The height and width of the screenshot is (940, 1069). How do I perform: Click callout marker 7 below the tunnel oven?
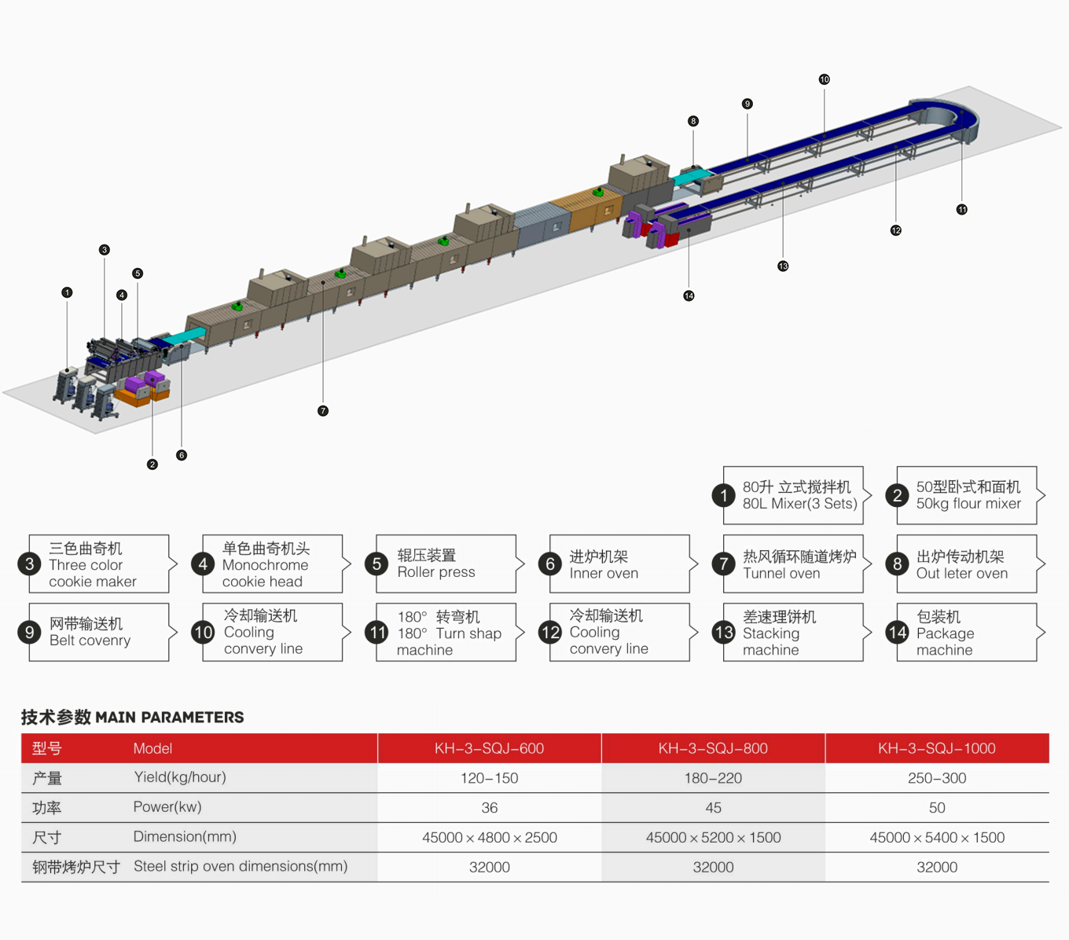click(x=323, y=411)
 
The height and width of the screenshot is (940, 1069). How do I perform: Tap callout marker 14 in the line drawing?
click(x=689, y=296)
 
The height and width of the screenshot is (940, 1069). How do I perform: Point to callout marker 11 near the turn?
click(x=961, y=210)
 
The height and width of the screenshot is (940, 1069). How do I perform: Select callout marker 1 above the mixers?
click(x=67, y=292)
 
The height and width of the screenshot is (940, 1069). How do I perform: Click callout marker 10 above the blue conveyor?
click(x=824, y=79)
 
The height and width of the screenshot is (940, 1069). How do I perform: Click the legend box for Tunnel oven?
click(x=793, y=564)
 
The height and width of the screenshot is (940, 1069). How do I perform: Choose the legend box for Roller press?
click(x=446, y=564)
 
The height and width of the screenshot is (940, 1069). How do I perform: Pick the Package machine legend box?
click(x=966, y=633)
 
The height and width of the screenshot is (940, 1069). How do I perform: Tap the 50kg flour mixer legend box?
click(x=966, y=496)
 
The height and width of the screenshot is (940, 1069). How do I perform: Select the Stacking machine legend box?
click(x=793, y=633)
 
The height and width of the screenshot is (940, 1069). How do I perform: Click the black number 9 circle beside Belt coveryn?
click(x=30, y=633)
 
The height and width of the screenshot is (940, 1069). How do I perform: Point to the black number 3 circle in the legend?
click(x=30, y=564)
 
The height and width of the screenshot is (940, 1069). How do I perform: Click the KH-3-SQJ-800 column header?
click(x=713, y=748)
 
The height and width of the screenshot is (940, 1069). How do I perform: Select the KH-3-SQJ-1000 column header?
click(x=937, y=748)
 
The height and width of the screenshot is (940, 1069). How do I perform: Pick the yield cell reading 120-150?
click(x=489, y=778)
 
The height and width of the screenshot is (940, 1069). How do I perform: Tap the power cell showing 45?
click(x=713, y=808)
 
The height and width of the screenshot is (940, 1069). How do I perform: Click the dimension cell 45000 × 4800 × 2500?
click(x=489, y=838)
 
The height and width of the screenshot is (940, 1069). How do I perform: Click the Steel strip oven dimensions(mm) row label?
click(x=241, y=866)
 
